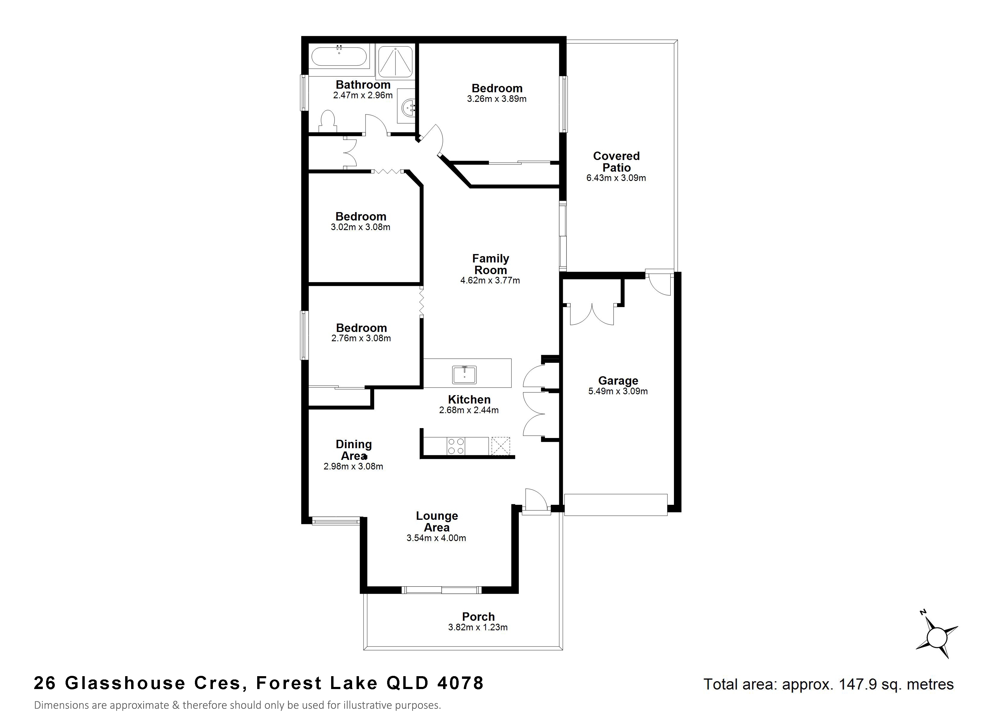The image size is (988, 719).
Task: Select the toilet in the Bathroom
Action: tap(328, 121)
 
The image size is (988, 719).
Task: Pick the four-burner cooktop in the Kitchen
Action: tap(456, 446)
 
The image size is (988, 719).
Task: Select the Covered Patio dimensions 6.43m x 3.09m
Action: tap(616, 178)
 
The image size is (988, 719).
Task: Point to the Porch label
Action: tap(478, 617)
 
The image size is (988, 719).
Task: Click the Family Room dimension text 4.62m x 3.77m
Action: tap(490, 280)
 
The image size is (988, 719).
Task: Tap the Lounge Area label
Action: tap(437, 522)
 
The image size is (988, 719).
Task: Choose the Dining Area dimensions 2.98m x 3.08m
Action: tap(353, 466)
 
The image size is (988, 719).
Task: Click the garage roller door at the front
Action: tap(616, 505)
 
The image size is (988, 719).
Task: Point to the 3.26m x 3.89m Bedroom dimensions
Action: tap(497, 99)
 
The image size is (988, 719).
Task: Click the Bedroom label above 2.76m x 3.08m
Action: tap(361, 328)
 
